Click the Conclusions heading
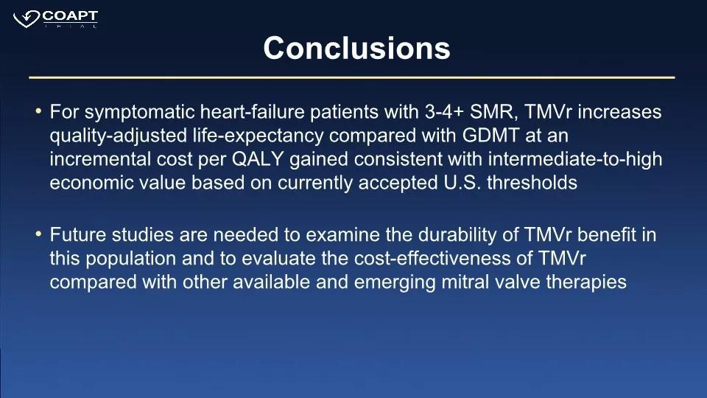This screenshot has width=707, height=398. [356, 49]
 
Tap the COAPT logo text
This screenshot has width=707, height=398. [70, 16]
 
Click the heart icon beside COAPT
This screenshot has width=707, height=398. [27, 19]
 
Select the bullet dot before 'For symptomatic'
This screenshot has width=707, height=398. [38, 111]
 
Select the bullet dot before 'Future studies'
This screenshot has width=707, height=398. [38, 234]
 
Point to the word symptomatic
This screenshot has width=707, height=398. [139, 112]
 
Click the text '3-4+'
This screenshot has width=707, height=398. [444, 112]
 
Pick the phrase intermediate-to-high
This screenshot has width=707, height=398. [575, 159]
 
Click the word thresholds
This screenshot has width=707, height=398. [532, 183]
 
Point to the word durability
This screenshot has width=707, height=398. [468, 235]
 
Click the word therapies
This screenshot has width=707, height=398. [586, 283]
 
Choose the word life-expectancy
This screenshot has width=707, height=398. [258, 136]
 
